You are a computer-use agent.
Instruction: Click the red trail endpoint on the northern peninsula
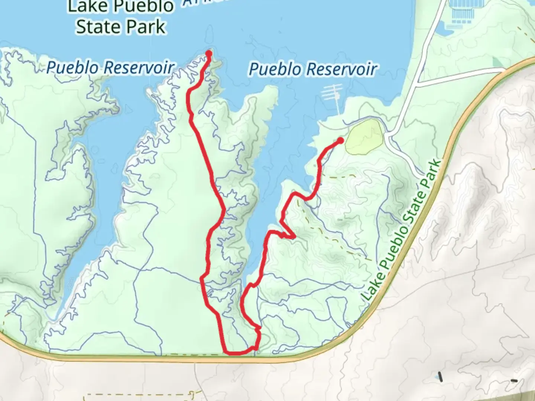(209, 53)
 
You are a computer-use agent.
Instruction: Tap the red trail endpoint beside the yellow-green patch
(340, 140)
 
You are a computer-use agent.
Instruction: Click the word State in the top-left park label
(98, 27)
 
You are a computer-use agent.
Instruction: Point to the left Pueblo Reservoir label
(110, 68)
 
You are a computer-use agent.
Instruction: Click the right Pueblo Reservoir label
(313, 69)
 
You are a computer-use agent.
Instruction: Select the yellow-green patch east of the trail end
(364, 136)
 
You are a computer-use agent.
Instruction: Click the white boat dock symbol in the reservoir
(333, 96)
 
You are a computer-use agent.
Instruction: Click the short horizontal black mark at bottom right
(514, 380)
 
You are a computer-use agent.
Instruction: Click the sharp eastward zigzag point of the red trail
(294, 236)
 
